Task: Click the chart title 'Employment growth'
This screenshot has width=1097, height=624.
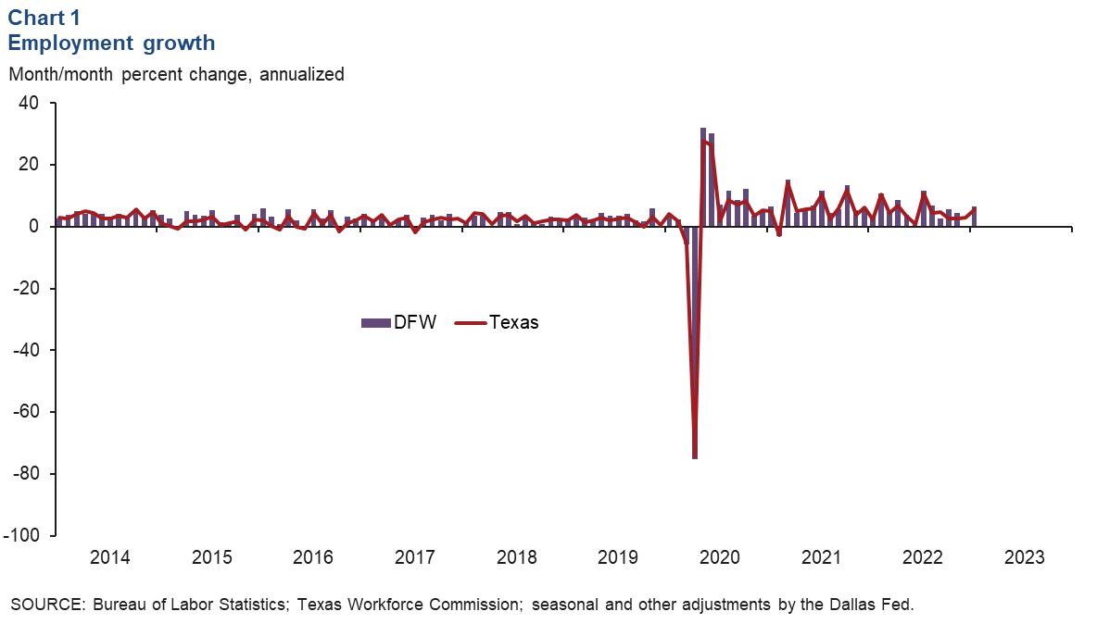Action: click(111, 42)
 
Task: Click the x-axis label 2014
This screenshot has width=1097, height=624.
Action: click(109, 558)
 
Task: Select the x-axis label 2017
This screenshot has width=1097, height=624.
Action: click(414, 558)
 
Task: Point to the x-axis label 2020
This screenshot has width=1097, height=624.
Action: click(719, 558)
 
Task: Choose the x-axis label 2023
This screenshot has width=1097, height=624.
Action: click(1024, 558)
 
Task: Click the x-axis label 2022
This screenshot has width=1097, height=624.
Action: click(922, 558)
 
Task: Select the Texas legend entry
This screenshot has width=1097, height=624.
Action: click(497, 322)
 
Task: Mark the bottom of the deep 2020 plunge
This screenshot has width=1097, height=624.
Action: click(695, 457)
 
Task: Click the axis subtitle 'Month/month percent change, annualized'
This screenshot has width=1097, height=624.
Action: click(176, 74)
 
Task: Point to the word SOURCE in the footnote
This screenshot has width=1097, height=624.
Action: click(42, 605)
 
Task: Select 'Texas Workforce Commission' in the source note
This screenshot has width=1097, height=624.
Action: click(412, 605)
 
